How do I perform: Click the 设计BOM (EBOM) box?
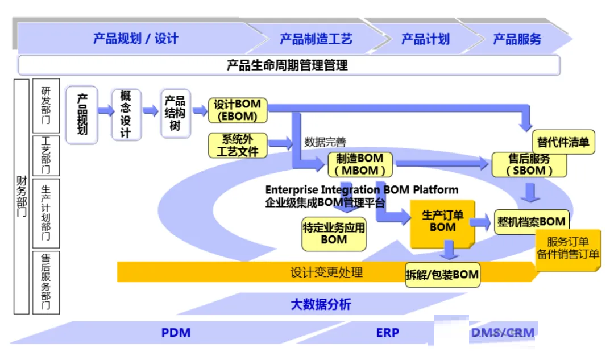coord(238,110)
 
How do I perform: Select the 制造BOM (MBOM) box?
coord(360,164)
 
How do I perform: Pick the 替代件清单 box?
coord(563,142)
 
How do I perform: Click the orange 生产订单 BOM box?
coord(442,224)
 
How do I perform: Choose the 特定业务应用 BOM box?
coord(334,234)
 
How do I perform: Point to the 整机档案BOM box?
coord(532,222)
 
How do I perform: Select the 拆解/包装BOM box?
coord(442,275)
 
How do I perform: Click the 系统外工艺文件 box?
coord(238,146)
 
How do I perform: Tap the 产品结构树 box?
coord(175,113)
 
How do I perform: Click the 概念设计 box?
coord(126,114)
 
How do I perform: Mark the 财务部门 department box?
coord(22,196)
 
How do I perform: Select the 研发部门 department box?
coord(46,105)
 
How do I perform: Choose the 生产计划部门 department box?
coord(46,213)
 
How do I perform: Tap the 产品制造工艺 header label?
coord(316,39)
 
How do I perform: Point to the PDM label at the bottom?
coord(176,333)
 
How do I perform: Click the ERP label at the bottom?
coord(388,333)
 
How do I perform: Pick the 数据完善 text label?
coord(325,142)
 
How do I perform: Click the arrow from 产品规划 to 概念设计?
coord(105,110)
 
